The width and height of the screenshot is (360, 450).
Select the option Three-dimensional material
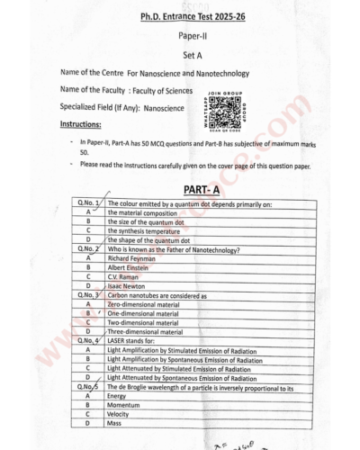145,331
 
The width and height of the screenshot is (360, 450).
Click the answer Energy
118,395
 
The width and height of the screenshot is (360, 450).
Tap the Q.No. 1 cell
88,203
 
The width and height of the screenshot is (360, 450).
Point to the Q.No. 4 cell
88,340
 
